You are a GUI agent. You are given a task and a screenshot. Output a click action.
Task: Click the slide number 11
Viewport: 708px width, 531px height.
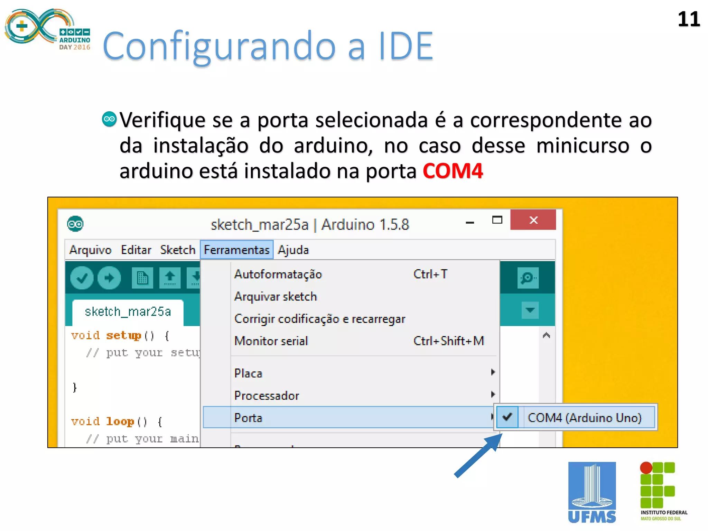[688, 19]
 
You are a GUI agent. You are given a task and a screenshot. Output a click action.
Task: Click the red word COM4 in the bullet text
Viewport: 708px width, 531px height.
[453, 171]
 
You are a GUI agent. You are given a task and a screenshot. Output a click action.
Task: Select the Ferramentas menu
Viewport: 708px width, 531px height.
[236, 250]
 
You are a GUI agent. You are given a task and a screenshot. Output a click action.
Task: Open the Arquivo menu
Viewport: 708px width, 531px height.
[90, 250]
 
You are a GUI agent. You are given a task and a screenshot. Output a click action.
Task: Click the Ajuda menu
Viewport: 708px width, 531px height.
[293, 250]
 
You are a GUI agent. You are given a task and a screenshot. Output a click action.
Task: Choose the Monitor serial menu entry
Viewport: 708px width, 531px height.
[271, 341]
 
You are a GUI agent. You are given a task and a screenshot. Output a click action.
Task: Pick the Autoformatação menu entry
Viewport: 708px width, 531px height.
[278, 274]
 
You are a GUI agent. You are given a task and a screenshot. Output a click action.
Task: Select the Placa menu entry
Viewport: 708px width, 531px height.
[248, 373]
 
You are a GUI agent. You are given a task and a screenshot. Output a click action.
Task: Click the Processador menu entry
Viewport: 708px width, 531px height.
[267, 395]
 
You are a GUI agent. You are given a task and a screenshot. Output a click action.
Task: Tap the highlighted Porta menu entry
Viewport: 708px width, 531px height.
[248, 418]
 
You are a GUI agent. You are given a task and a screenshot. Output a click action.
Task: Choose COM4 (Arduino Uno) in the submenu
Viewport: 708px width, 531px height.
[584, 418]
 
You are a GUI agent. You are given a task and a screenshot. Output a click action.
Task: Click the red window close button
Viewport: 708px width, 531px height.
[533, 220]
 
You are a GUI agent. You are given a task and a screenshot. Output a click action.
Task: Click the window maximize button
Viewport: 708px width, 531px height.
[497, 220]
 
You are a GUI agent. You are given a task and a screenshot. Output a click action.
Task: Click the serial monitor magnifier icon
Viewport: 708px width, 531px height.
[528, 278]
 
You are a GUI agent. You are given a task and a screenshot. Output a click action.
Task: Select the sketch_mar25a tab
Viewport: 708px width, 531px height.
[128, 312]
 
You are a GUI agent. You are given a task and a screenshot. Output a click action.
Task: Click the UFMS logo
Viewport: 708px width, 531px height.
[592, 492]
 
